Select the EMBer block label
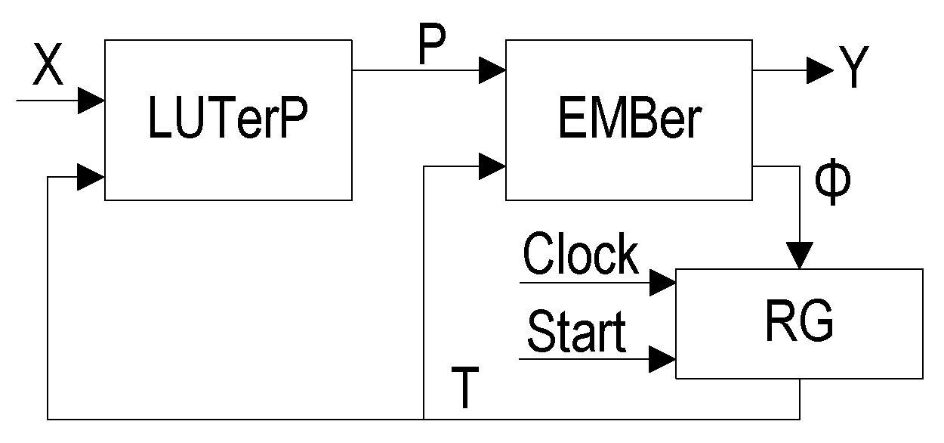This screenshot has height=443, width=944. click(629, 120)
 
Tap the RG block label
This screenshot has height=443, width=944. click(800, 323)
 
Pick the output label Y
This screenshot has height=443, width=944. click(851, 70)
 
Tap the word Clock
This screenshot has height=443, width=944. click(581, 255)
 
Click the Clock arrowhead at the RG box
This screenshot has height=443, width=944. click(663, 283)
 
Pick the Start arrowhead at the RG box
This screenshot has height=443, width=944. click(663, 360)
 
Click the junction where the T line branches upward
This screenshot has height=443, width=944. click(424, 418)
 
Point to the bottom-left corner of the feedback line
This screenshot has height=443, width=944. click(48, 418)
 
